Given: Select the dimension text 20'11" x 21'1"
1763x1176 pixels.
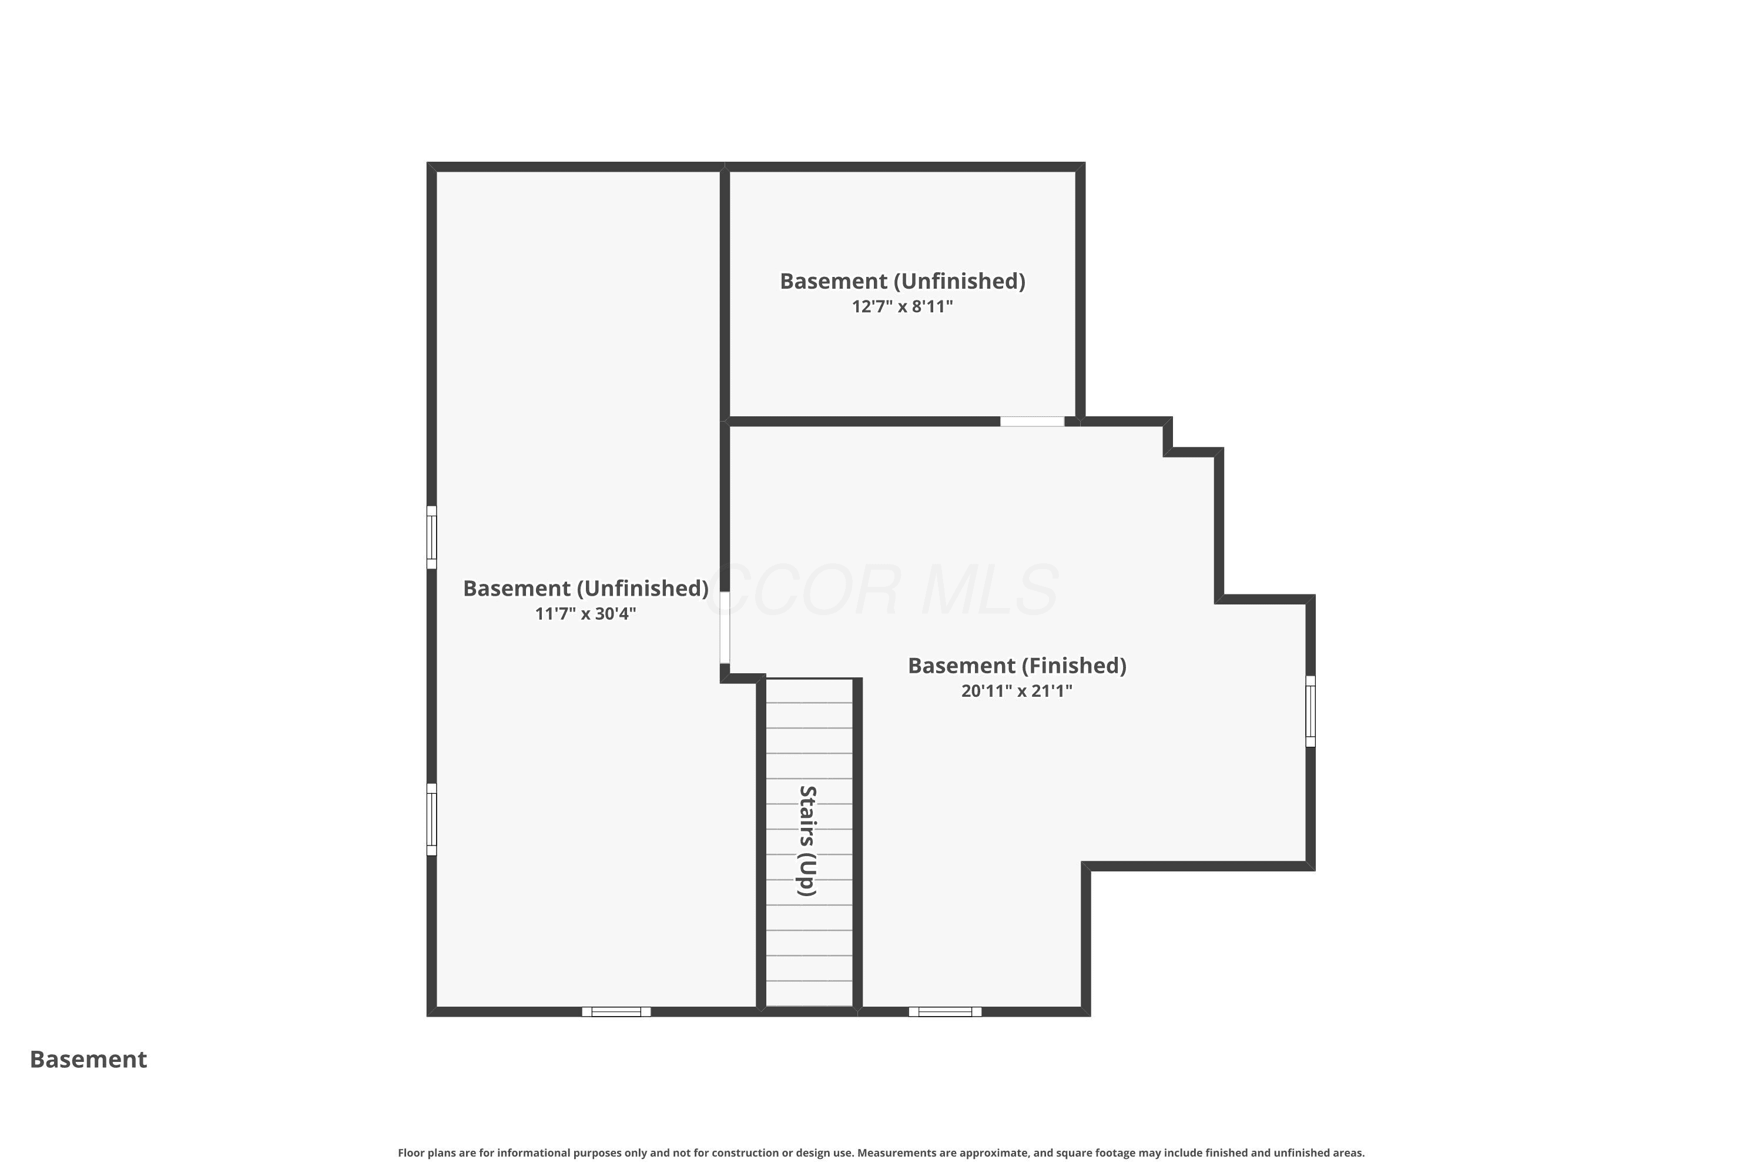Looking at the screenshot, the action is [1017, 691].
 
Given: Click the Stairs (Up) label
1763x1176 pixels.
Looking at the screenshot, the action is [807, 841].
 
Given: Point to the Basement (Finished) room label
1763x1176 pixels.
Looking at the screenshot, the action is [1017, 666].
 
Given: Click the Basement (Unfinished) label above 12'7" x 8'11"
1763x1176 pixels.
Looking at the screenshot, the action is [903, 281].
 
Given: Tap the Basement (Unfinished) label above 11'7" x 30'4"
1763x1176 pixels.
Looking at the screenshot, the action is [585, 589].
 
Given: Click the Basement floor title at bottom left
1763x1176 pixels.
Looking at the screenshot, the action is [89, 1060].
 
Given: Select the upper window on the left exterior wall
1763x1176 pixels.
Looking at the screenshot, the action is [432, 537].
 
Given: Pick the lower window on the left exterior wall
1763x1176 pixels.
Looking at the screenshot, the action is [432, 819].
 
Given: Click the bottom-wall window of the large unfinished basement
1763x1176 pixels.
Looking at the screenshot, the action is [616, 1012].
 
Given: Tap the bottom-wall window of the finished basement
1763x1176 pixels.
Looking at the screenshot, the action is [945, 1012].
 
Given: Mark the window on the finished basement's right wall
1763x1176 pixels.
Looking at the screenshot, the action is [1310, 711].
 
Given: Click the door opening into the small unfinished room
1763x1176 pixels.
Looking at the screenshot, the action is [1032, 422].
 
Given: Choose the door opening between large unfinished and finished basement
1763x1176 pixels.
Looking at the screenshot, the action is [725, 628].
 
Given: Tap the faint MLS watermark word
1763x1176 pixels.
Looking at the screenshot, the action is [990, 590].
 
